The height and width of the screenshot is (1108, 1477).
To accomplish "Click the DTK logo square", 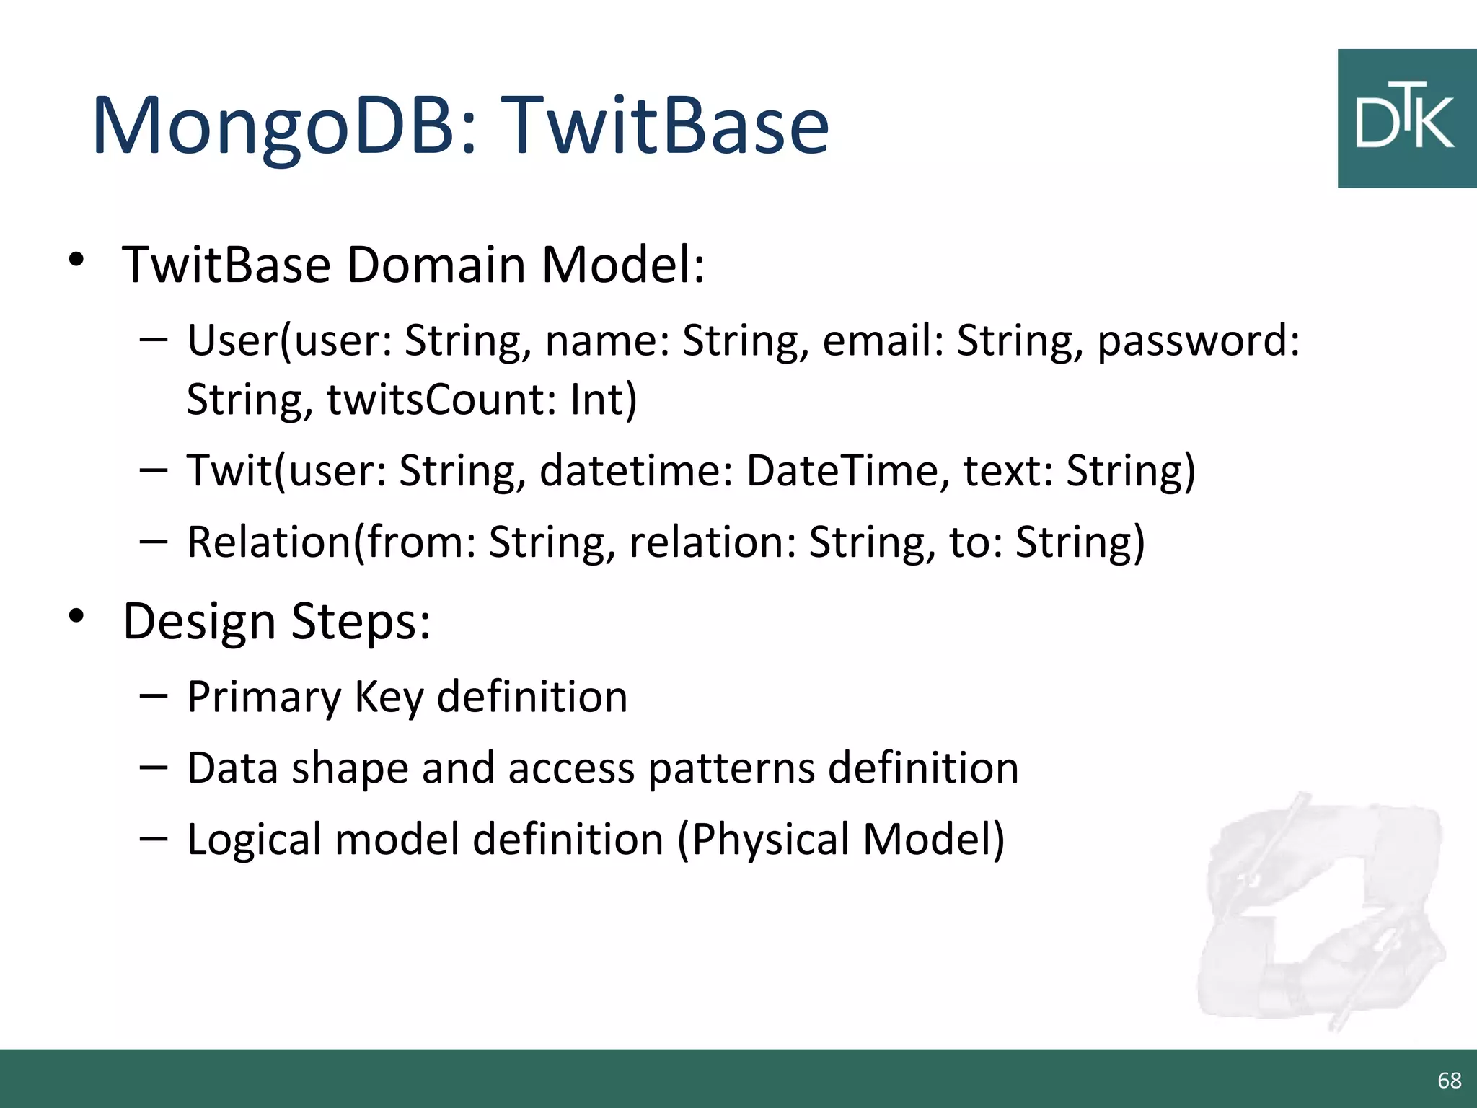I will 1406,119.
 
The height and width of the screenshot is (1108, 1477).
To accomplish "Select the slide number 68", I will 1449,1080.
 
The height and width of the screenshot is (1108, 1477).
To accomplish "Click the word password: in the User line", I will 1197,340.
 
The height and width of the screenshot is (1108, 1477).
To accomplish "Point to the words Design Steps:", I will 276,621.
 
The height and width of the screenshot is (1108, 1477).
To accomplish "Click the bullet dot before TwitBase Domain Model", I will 76,260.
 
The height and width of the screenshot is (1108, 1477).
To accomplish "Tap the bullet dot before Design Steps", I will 76,617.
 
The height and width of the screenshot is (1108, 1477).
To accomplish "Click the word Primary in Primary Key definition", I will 264,698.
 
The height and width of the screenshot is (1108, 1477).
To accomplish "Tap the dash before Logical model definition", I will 153,838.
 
